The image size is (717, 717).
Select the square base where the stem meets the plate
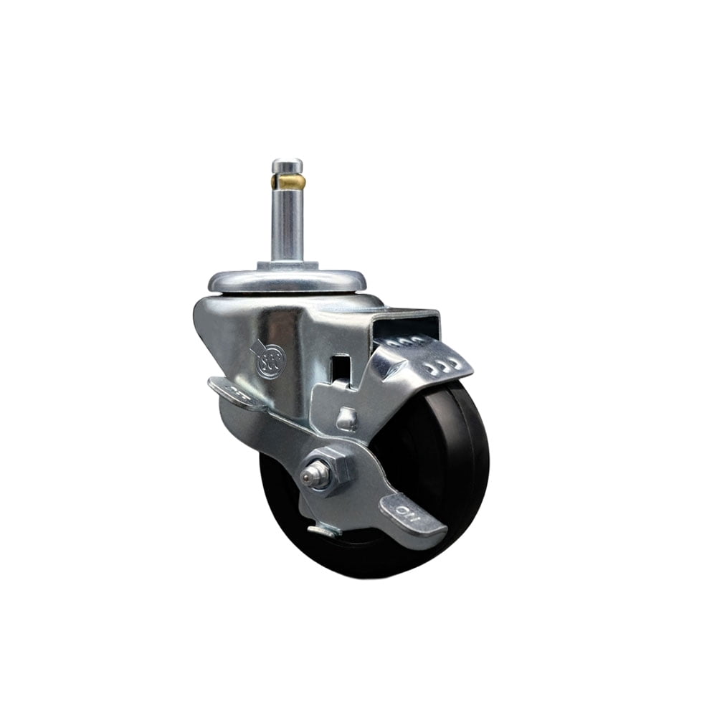click(x=287, y=266)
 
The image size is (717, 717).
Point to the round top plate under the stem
click(x=287, y=280)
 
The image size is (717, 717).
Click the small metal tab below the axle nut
click(x=323, y=531)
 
